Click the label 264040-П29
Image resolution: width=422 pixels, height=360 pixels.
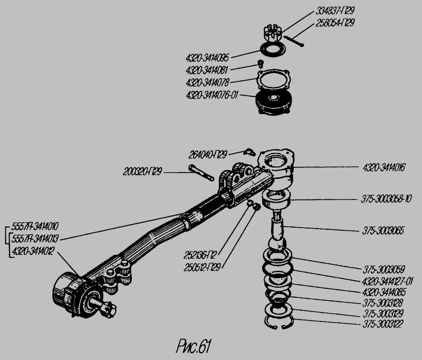pos(208,155)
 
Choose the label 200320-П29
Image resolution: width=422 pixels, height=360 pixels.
pos(143,172)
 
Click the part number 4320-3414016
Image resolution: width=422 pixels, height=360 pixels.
pos(383,167)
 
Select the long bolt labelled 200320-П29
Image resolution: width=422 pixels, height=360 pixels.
pos(200,173)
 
